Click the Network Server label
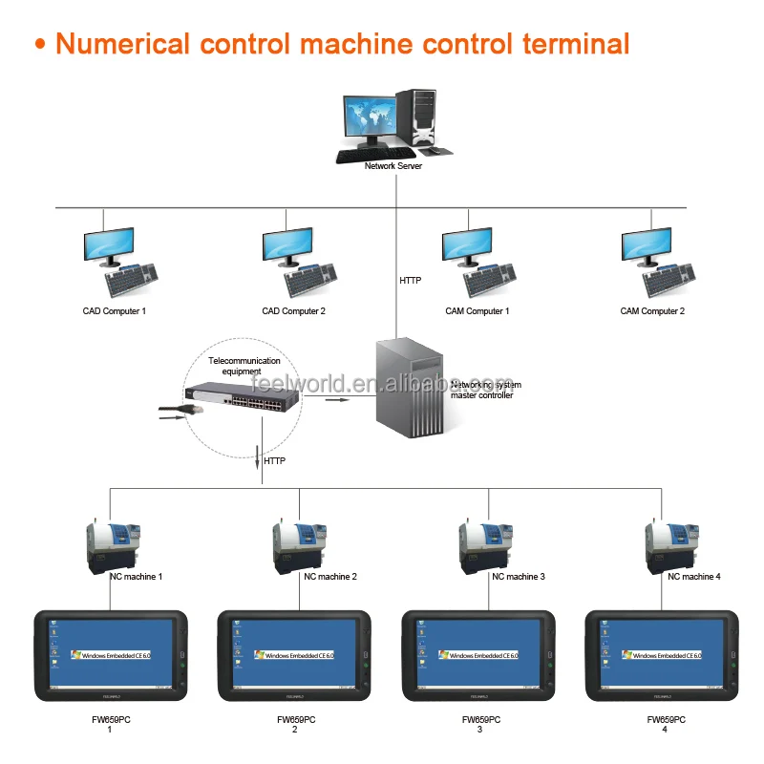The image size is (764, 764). (393, 166)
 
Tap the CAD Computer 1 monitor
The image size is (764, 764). (108, 244)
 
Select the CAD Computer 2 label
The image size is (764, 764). (294, 311)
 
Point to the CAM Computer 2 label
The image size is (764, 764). (652, 311)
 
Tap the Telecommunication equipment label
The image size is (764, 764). (244, 366)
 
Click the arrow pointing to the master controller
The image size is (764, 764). (336, 400)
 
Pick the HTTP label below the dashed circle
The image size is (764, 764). (274, 461)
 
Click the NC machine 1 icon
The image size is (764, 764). (115, 542)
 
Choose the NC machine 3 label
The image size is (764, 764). (519, 577)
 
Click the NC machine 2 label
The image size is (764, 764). (330, 577)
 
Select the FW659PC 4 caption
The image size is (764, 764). (665, 724)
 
